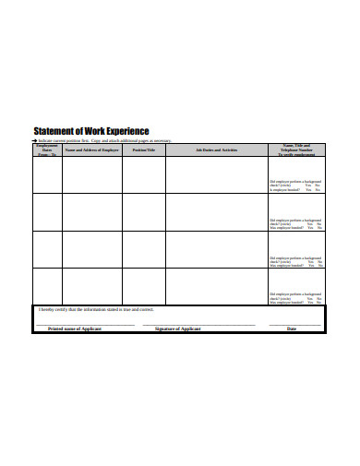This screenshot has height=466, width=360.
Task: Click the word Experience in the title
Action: click(x=126, y=131)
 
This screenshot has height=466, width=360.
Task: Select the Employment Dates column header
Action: click(x=47, y=150)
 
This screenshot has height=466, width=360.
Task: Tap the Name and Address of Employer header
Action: click(x=92, y=149)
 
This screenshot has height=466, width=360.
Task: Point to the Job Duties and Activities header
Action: click(x=217, y=149)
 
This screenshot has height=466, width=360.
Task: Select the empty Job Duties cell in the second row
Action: click(x=217, y=212)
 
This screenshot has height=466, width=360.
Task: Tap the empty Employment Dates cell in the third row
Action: click(x=47, y=249)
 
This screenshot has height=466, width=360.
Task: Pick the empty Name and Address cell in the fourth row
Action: click(x=92, y=286)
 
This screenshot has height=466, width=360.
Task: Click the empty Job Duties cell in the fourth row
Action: click(x=217, y=286)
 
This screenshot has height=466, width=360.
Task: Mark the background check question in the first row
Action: click(x=294, y=183)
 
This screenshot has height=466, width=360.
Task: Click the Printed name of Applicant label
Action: click(x=75, y=329)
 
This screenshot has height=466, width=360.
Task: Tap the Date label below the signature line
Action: click(x=292, y=329)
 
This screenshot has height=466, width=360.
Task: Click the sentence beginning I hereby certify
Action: click(x=97, y=310)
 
